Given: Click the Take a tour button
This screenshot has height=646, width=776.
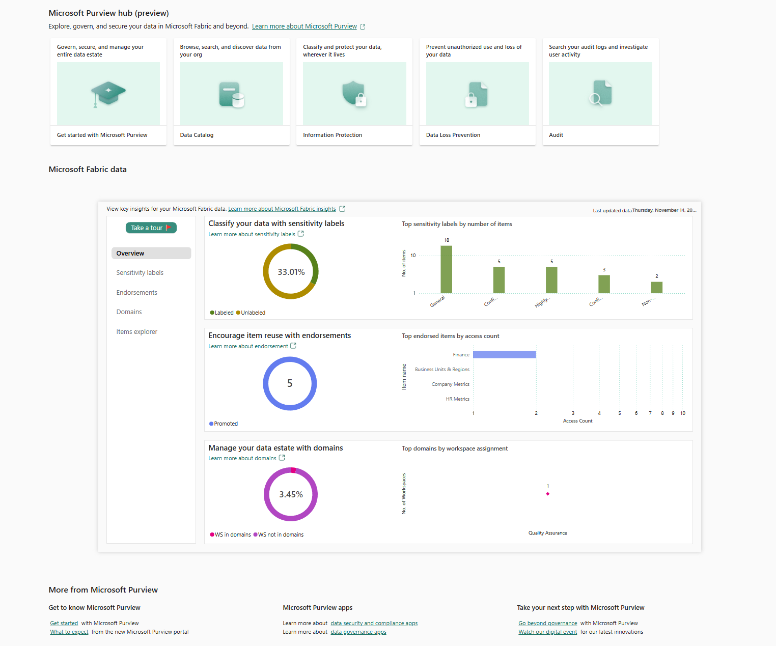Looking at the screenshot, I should [151, 228].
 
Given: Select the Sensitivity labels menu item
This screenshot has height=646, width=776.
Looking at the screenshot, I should [140, 273].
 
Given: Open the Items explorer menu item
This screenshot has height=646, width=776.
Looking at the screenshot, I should [137, 332].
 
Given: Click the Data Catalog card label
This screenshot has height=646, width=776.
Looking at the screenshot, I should [197, 135].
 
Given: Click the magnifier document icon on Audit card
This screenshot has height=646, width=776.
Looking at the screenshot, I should [600, 93].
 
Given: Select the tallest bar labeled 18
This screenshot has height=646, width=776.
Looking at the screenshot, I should [446, 269].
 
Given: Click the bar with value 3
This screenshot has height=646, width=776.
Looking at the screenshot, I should [604, 284].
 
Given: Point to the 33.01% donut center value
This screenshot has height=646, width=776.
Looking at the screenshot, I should [291, 272].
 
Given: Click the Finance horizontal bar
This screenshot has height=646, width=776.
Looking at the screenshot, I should [504, 355].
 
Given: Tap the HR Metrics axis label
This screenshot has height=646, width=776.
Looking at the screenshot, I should [457, 399].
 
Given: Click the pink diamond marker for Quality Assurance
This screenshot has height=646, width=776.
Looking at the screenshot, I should [548, 494].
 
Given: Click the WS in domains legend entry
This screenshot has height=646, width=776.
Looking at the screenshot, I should [232, 535].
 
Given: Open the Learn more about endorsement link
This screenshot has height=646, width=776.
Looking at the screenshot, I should [248, 347].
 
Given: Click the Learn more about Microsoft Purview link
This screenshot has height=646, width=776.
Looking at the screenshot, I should [304, 26].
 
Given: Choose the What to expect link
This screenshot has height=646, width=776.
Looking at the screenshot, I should [69, 632].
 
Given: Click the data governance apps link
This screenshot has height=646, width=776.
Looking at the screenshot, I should [358, 632].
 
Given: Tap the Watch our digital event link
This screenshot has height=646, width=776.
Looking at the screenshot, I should [548, 632].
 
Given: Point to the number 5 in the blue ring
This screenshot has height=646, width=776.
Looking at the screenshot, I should [290, 384].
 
